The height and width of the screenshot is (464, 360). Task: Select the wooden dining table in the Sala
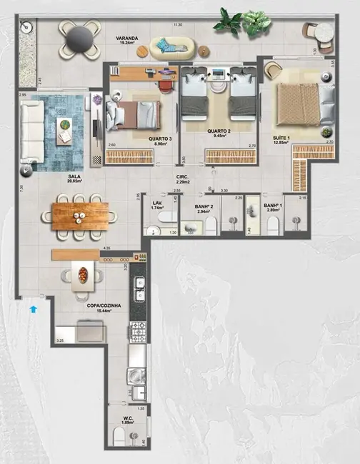coord(79,213)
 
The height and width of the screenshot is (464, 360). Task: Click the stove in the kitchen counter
coord(138,332)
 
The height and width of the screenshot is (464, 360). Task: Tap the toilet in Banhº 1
coord(272,225)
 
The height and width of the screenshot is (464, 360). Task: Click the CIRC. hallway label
coord(184,176)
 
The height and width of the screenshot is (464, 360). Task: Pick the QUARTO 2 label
coord(218,131)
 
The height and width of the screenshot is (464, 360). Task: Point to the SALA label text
coord(74,176)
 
